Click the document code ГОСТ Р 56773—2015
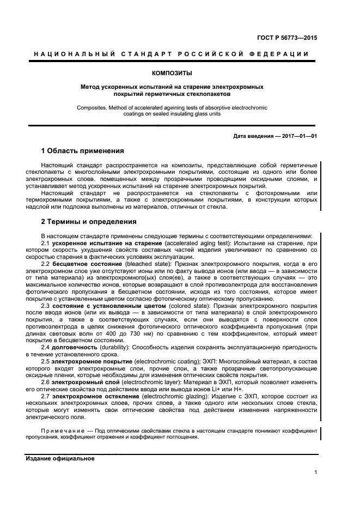click(x=286, y=38)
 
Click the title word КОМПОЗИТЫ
click(x=172, y=72)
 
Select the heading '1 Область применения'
click(x=83, y=150)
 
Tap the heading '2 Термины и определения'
click(x=89, y=222)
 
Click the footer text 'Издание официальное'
click(x=60, y=459)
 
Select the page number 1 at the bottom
click(x=316, y=472)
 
